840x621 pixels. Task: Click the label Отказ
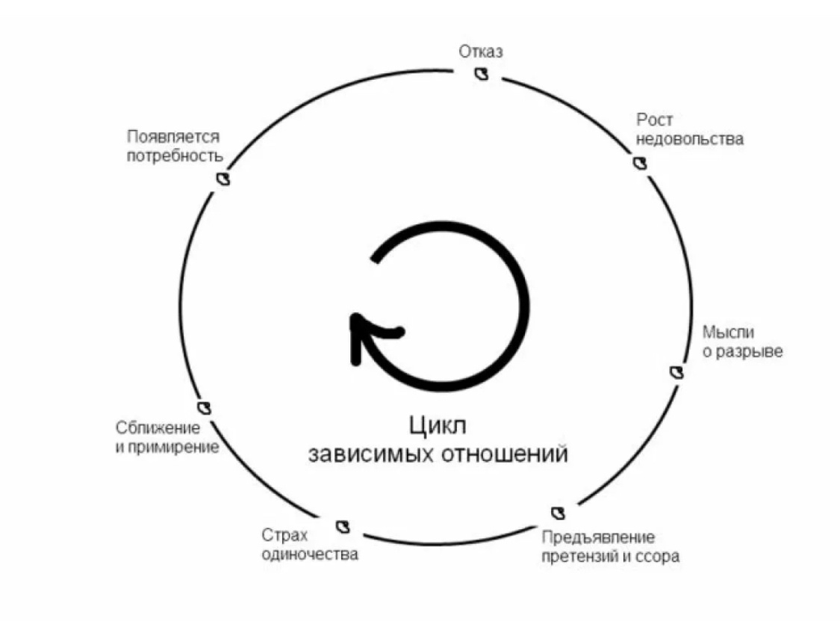point(481,52)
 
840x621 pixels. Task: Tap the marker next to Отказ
point(482,73)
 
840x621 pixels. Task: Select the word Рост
point(655,120)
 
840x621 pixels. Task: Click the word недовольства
point(690,139)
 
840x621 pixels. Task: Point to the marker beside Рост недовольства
point(639,162)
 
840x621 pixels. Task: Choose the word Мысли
point(728,332)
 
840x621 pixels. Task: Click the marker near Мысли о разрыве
point(676,371)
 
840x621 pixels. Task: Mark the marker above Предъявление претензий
point(558,513)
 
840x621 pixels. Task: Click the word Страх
point(284,535)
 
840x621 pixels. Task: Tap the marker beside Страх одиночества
point(343,525)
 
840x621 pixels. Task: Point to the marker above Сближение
point(205,407)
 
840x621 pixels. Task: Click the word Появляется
point(173,137)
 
